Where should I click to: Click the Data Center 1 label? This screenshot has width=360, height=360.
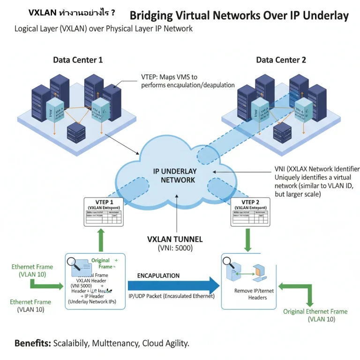coord(78,60)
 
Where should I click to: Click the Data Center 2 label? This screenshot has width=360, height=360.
coord(281,60)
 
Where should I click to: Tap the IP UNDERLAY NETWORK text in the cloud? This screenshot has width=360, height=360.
coord(175,175)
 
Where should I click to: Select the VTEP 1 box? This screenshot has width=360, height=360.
coord(103,212)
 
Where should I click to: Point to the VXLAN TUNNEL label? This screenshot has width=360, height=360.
coord(175,239)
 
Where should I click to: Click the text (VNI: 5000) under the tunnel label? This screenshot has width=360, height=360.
coord(175,248)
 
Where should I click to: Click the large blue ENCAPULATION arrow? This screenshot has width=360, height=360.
coord(173,285)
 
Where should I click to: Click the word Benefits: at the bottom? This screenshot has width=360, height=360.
coord(32,343)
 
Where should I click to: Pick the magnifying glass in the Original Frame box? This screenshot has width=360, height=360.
coord(73,264)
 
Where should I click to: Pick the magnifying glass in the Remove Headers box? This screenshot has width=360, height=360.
coord(228,262)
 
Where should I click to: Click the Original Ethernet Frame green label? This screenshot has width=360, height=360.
coord(315,311)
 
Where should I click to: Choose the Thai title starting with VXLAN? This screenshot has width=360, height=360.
coord(72,13)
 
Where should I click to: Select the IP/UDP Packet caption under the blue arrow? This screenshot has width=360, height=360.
coord(172,296)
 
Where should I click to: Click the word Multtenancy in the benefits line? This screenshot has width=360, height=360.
coord(115,343)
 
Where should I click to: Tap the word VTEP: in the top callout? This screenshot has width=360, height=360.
coord(151,77)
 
